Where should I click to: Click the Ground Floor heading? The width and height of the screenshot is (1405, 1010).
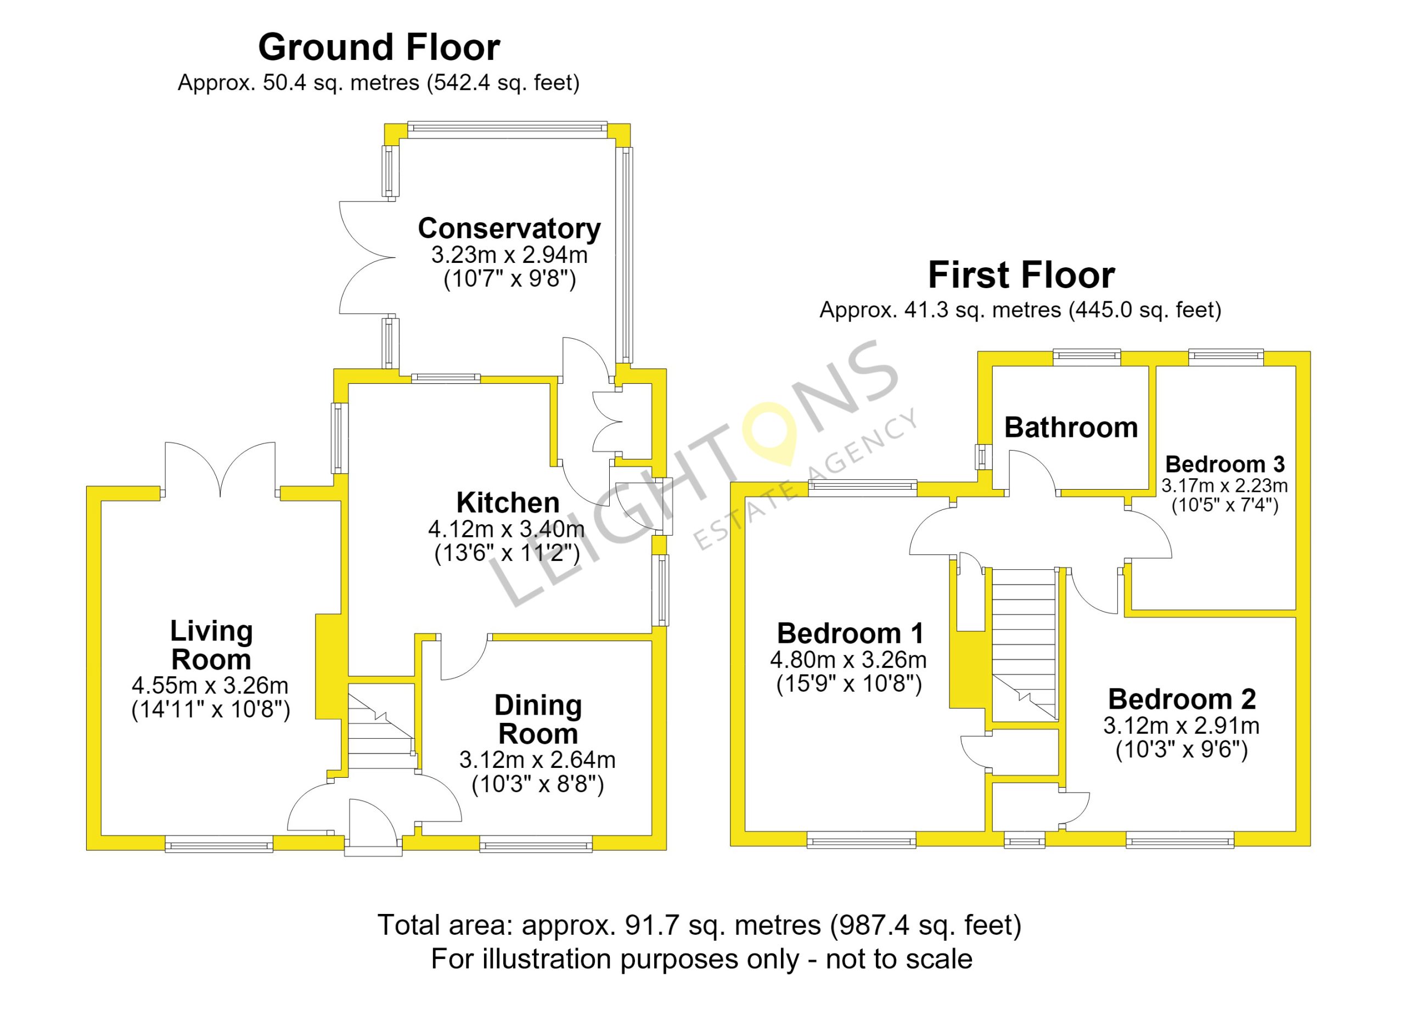[x=379, y=48]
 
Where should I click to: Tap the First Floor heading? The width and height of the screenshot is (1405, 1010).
[x=1021, y=275]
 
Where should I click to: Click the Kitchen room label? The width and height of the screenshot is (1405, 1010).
[x=508, y=502]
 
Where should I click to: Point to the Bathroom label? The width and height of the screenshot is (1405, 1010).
[x=1071, y=427]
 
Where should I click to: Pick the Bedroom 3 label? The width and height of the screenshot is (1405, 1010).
[x=1226, y=463]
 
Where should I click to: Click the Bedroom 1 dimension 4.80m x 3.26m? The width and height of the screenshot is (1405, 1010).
[x=848, y=660]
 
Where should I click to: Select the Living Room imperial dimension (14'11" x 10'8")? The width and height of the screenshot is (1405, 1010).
[x=211, y=710]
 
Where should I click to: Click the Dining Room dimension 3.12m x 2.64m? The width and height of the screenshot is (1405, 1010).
[x=537, y=760]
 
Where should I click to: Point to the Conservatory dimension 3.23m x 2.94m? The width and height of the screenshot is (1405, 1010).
[x=509, y=255]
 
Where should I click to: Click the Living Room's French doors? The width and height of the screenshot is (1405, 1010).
[x=220, y=470]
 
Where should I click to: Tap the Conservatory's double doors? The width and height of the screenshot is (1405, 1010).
[x=367, y=257]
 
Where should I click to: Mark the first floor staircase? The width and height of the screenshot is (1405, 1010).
[x=1024, y=644]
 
